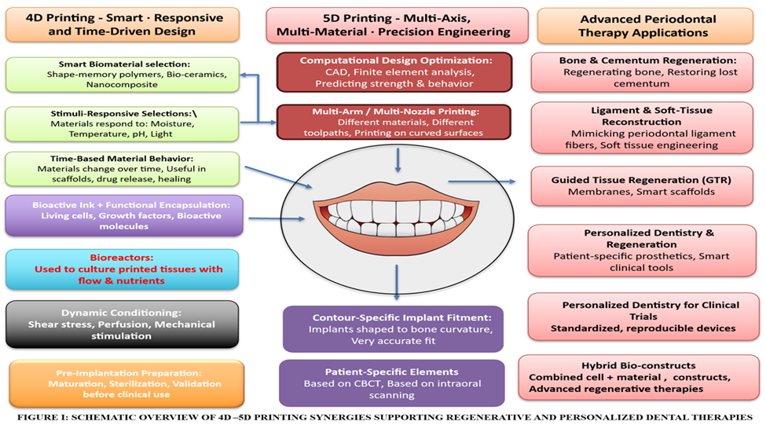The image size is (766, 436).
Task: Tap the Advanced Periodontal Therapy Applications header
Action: pos(643,25)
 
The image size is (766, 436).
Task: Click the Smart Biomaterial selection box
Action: pos(122,75)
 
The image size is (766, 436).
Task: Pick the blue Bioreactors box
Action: pos(122,269)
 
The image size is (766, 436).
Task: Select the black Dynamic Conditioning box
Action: pos(122,324)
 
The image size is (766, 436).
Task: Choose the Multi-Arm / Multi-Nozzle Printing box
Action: pos(394,122)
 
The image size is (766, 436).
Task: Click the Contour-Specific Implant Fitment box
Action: pos(393,328)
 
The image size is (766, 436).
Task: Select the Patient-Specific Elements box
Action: pos(391,383)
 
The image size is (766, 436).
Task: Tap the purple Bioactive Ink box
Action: pos(122,215)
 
